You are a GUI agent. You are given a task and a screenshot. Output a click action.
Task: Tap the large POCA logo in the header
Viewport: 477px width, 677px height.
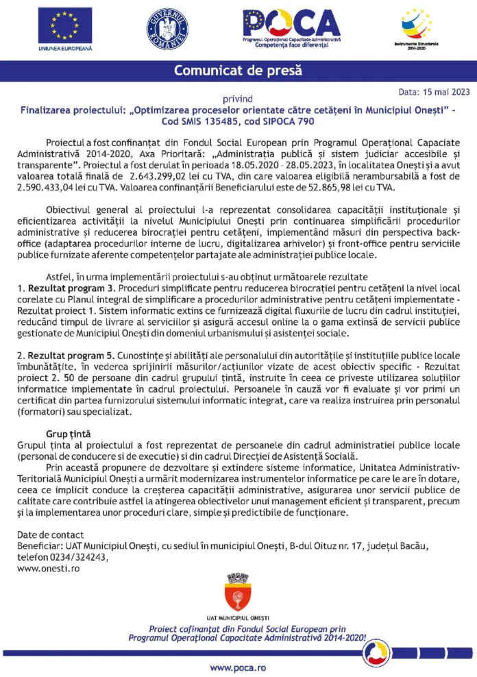point(291,24)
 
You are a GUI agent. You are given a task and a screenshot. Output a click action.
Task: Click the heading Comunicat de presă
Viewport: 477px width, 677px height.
point(237,71)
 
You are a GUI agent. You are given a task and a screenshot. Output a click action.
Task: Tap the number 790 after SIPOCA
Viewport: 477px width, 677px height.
point(306,121)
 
